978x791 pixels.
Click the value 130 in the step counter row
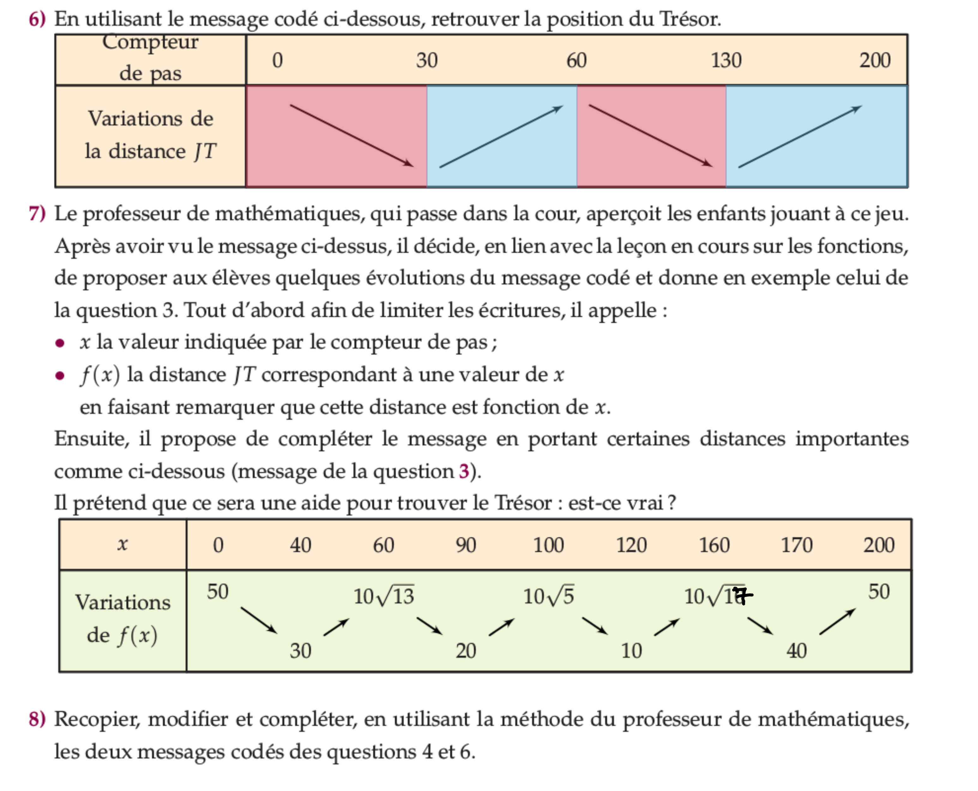726,61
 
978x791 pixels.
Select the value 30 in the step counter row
426,61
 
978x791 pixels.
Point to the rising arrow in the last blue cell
800,137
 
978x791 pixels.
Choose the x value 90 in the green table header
466,545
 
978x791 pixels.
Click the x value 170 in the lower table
796,545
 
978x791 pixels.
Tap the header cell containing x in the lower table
123,545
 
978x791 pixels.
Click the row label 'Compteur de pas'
150,58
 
